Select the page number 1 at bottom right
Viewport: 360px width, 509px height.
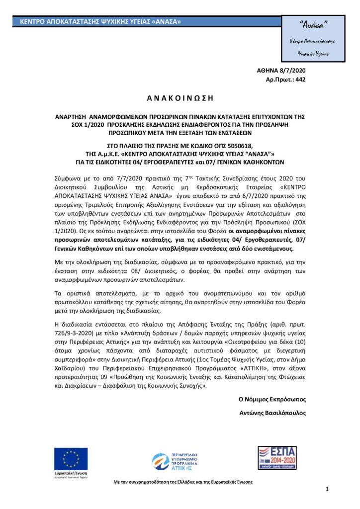coord(328,490)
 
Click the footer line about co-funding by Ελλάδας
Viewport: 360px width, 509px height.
coord(183,482)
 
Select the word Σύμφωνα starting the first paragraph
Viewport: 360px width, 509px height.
coord(67,177)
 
